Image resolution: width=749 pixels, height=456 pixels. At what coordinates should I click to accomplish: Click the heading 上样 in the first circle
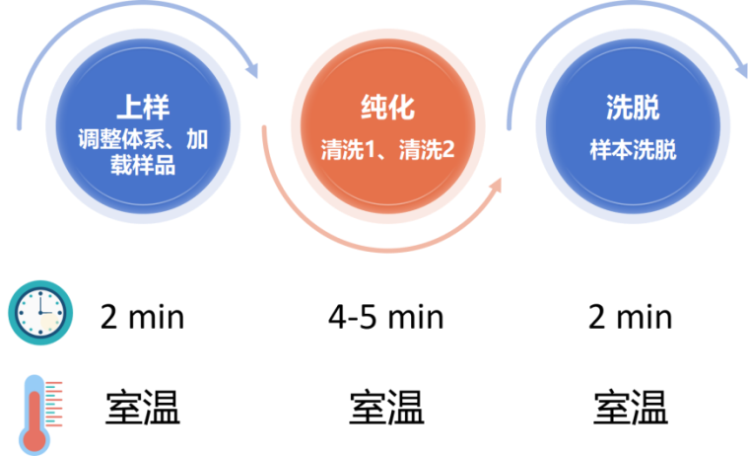point(143,107)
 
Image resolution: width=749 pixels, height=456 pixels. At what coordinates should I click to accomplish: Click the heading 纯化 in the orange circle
point(388,107)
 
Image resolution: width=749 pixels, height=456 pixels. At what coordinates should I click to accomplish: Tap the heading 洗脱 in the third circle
point(633,107)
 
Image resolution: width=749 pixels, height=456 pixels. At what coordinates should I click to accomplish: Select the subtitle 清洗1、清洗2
point(388,150)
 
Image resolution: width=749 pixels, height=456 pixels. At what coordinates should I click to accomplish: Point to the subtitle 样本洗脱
point(633,150)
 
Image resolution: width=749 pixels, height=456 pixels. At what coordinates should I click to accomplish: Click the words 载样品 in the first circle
point(143,165)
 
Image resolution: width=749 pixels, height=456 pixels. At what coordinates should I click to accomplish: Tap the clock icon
point(40,313)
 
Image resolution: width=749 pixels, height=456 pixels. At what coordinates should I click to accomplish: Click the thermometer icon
point(40,415)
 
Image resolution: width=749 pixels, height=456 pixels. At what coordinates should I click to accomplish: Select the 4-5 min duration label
point(386,317)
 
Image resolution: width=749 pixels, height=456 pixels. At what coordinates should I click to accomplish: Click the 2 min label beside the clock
point(142,317)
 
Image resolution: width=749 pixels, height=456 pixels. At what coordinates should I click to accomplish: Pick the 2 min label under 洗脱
point(631,317)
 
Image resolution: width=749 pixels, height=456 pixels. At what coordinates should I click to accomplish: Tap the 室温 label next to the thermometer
point(143,408)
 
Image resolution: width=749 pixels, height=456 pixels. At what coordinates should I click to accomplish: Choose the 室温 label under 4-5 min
point(387,408)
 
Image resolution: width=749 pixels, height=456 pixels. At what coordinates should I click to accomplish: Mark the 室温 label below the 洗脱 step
point(631,408)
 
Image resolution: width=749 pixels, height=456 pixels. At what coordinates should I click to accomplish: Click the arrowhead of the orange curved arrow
point(496,186)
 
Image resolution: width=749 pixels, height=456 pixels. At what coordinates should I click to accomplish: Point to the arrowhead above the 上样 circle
point(252,70)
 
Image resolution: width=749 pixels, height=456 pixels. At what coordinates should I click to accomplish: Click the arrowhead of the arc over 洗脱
point(742,70)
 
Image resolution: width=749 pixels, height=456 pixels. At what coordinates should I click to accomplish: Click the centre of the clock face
point(40,313)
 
